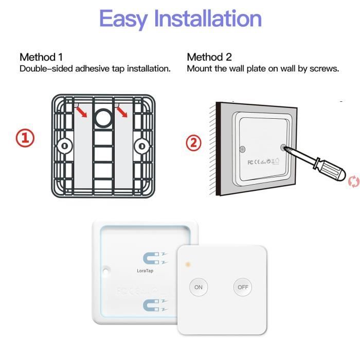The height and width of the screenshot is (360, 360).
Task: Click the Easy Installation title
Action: [181, 19]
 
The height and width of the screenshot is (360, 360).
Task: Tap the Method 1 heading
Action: [41, 57]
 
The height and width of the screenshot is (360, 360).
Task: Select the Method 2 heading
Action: [209, 57]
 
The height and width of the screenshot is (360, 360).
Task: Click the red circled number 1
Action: [25, 138]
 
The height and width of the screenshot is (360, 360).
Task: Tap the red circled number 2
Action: [193, 142]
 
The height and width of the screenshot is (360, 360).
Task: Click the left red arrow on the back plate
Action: [81, 112]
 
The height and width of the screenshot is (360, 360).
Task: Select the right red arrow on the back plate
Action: [122, 112]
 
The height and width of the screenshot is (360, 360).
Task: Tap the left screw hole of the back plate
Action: [65, 146]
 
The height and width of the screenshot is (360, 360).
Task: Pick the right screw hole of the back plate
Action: [142, 146]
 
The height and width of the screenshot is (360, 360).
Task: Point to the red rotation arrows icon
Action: [354, 182]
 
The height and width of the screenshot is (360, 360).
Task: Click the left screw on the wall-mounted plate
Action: [242, 149]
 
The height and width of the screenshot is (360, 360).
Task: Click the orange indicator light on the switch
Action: [188, 264]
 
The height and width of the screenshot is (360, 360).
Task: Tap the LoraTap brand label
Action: [145, 271]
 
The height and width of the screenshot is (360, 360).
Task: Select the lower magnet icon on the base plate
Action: [155, 305]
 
